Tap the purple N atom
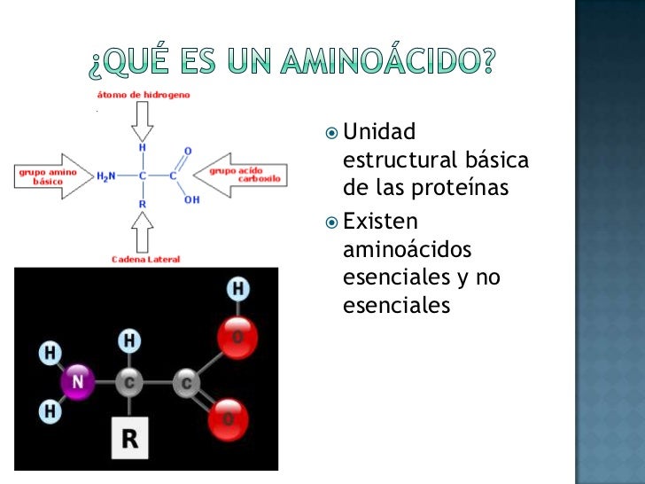[78, 384]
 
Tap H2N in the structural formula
[105, 176]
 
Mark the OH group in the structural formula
[192, 200]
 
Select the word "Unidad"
[378, 134]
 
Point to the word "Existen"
[380, 220]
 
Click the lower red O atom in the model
[229, 416]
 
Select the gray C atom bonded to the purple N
[129, 383]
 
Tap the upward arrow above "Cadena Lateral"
[142, 232]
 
